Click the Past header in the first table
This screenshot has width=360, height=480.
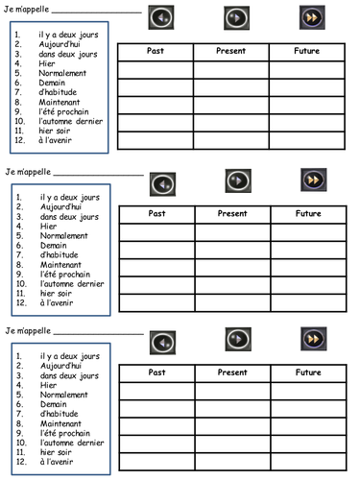point(155,51)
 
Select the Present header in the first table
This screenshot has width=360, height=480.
point(231,51)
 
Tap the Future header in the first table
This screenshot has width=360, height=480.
point(308,51)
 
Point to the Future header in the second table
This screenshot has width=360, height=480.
point(308,213)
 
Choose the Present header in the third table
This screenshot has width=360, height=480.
point(232,372)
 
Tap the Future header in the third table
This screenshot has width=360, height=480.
point(308,372)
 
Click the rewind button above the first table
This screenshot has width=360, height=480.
point(161,18)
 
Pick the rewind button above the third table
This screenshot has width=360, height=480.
point(163,342)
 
